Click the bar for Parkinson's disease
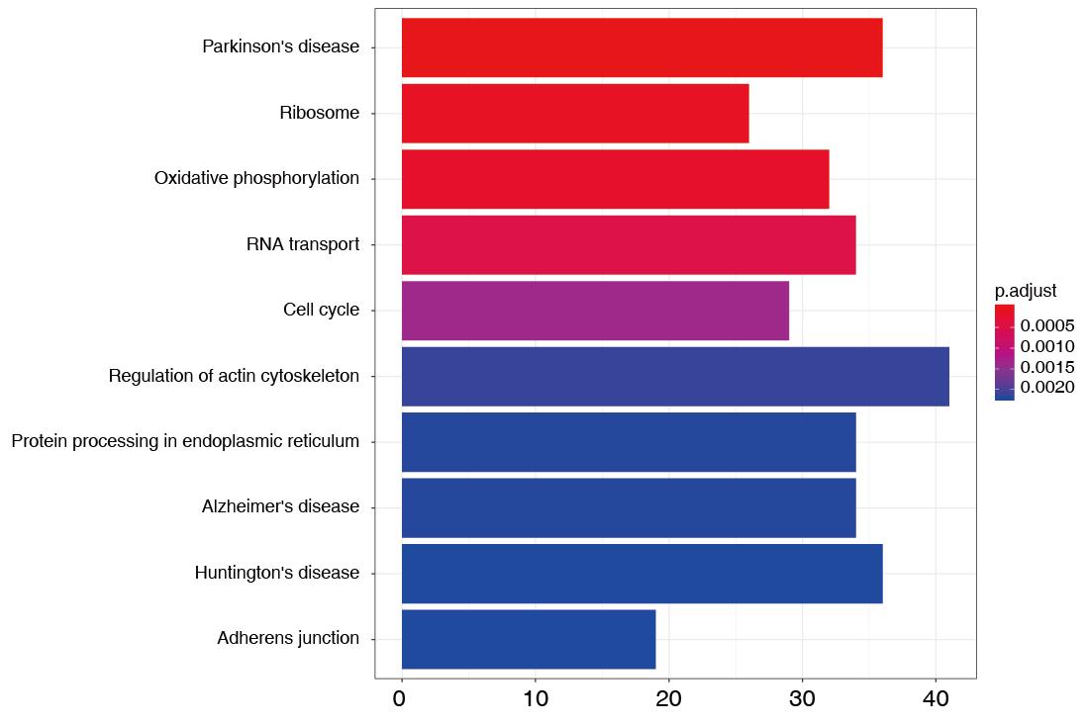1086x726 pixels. pyautogui.click(x=642, y=47)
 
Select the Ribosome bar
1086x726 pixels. pyautogui.click(x=574, y=114)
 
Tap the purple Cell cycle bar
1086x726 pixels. pyautogui.click(x=595, y=311)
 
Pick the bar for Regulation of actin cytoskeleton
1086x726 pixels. pyautogui.click(x=675, y=376)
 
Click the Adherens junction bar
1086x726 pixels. pyautogui.click(x=528, y=639)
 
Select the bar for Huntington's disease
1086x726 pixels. pyautogui.click(x=642, y=573)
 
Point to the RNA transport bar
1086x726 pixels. pyautogui.click(x=628, y=244)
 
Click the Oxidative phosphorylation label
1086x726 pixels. pyautogui.click(x=256, y=178)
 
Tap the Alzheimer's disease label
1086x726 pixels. pyautogui.click(x=280, y=506)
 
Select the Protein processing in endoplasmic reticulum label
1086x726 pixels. pyautogui.click(x=185, y=441)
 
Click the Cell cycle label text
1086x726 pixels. pyautogui.click(x=321, y=311)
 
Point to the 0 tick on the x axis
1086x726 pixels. pyautogui.click(x=400, y=699)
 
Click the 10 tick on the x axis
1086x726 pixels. pyautogui.click(x=535, y=699)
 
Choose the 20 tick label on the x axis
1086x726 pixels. pyautogui.click(x=668, y=699)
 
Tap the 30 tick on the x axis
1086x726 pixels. pyautogui.click(x=802, y=699)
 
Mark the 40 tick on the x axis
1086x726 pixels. pyautogui.click(x=936, y=699)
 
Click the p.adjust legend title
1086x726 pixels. pyautogui.click(x=1025, y=291)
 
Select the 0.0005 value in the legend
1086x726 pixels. pyautogui.click(x=1047, y=326)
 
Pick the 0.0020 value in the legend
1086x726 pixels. pyautogui.click(x=1047, y=388)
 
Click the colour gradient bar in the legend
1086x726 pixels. pyautogui.click(x=1004, y=352)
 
